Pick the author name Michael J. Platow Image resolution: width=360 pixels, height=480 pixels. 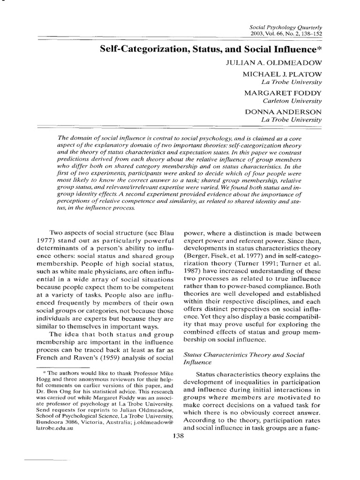click(x=282, y=75)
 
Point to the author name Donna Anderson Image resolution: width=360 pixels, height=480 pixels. click(x=283, y=112)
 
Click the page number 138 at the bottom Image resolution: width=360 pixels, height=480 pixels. click(x=180, y=435)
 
